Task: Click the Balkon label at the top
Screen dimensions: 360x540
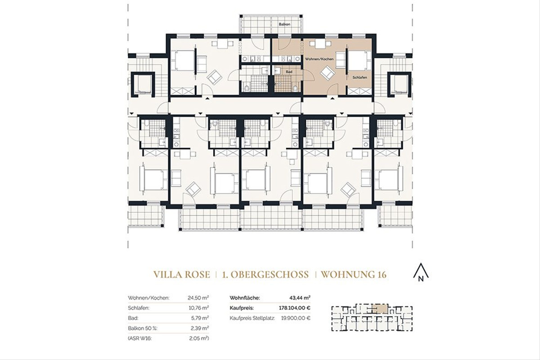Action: (x=284, y=24)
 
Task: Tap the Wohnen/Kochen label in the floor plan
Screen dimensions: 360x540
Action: (x=319, y=59)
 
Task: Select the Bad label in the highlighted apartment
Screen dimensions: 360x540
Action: (x=288, y=72)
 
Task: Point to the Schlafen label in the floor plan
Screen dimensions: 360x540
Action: (x=360, y=77)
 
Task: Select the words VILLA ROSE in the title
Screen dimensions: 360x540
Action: (x=181, y=274)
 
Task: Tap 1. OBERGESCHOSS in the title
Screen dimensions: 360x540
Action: (x=265, y=274)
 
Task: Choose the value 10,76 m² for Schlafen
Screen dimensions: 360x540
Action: (x=198, y=308)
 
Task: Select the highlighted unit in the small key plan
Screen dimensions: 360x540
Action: (x=381, y=309)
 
